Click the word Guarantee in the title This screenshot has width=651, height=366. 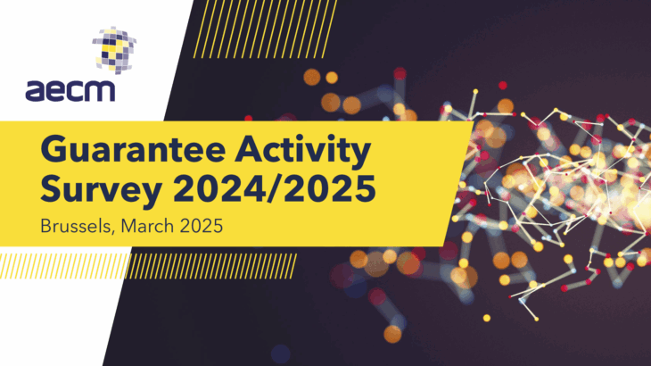coord(133,149)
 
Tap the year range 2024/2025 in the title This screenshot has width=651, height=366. coord(275,188)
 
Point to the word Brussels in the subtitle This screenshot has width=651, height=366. coord(76,227)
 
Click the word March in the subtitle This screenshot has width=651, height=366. coord(147,226)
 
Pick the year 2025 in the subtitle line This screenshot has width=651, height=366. coord(202,226)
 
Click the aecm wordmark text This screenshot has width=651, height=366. coord(70,91)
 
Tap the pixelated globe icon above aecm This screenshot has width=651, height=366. coord(114,50)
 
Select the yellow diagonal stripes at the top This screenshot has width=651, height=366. coord(265,29)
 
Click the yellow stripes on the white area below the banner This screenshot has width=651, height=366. coord(64,266)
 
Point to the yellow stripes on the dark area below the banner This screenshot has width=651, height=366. coord(211,266)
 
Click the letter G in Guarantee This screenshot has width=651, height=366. coord(54,149)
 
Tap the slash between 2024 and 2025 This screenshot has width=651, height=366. coord(275,188)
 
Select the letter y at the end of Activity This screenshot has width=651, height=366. coord(358,156)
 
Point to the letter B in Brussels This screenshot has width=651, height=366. coord(45,227)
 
